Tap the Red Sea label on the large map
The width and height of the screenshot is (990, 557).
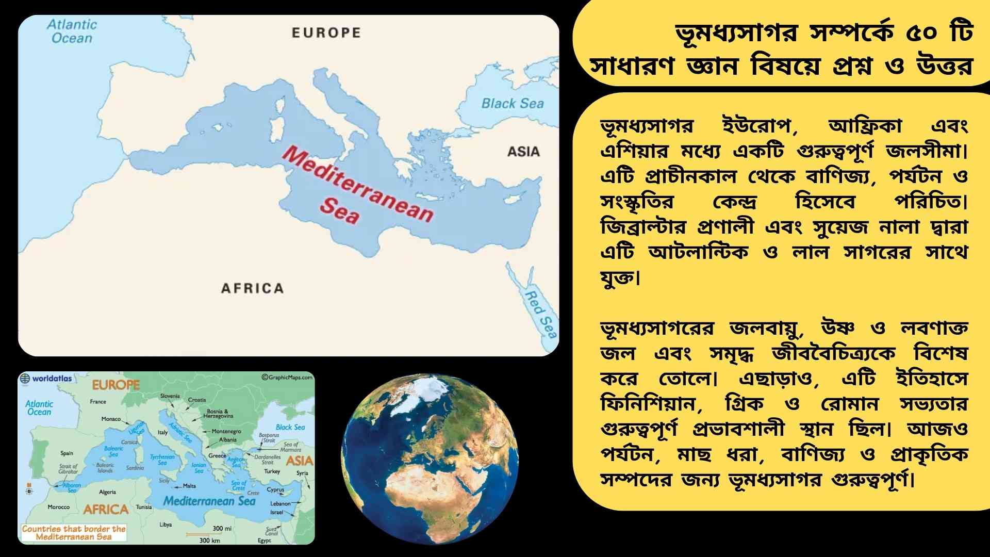[x=541, y=314]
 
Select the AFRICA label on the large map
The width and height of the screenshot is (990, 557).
[x=252, y=288]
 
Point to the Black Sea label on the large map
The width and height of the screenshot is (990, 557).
[x=513, y=103]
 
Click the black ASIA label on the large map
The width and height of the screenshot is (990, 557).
[x=523, y=152]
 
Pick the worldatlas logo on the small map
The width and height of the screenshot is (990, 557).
[x=46, y=379]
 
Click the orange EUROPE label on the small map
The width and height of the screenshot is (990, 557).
[x=116, y=385]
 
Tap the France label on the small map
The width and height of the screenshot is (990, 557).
[x=98, y=402]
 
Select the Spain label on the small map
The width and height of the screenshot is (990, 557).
[x=67, y=453]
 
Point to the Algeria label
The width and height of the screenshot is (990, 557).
[x=107, y=492]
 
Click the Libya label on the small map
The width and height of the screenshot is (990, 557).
[x=166, y=525]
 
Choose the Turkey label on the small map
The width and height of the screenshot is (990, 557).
[x=272, y=471]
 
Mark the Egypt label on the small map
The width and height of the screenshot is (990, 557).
[x=264, y=540]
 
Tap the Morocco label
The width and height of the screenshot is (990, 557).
[x=58, y=507]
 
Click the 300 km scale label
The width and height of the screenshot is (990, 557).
[x=209, y=540]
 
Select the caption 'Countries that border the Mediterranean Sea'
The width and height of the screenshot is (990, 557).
[x=74, y=533]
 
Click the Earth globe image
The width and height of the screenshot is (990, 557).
[x=430, y=459]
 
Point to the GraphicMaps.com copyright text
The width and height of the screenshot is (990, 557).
[x=287, y=378]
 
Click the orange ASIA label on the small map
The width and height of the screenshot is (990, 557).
[x=299, y=461]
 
